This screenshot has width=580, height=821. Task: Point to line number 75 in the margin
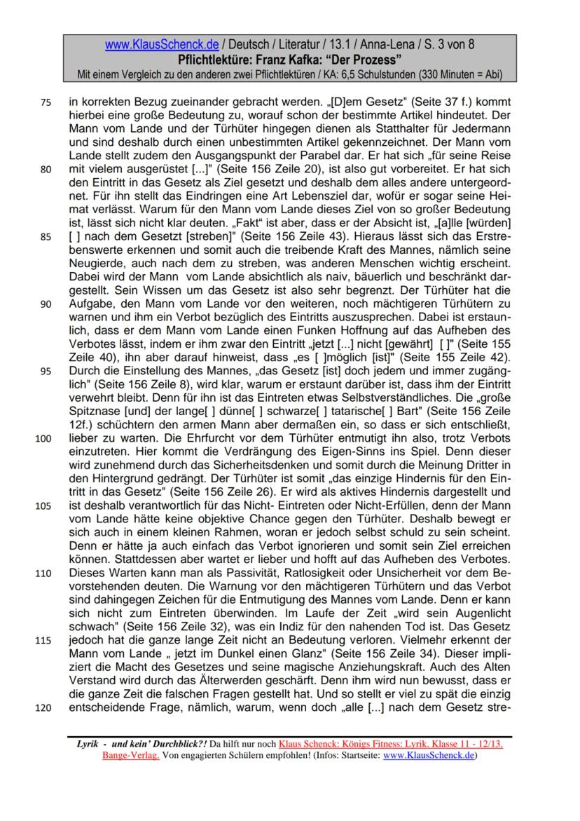[46, 102]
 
